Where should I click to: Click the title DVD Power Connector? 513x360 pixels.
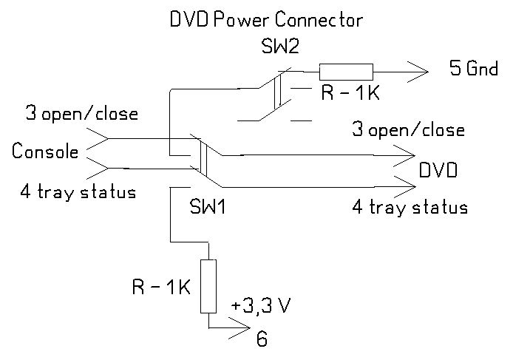265,20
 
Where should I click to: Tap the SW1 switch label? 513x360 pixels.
208,206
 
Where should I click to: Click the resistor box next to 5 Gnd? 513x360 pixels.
346,72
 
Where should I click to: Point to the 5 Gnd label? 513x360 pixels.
475,70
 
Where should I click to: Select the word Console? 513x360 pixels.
45,152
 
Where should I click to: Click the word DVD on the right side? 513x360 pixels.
438,171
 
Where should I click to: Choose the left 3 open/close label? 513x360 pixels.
81,115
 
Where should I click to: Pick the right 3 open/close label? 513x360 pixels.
407,130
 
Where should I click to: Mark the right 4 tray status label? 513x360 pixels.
410,207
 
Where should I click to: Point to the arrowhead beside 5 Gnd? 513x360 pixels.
418,72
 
